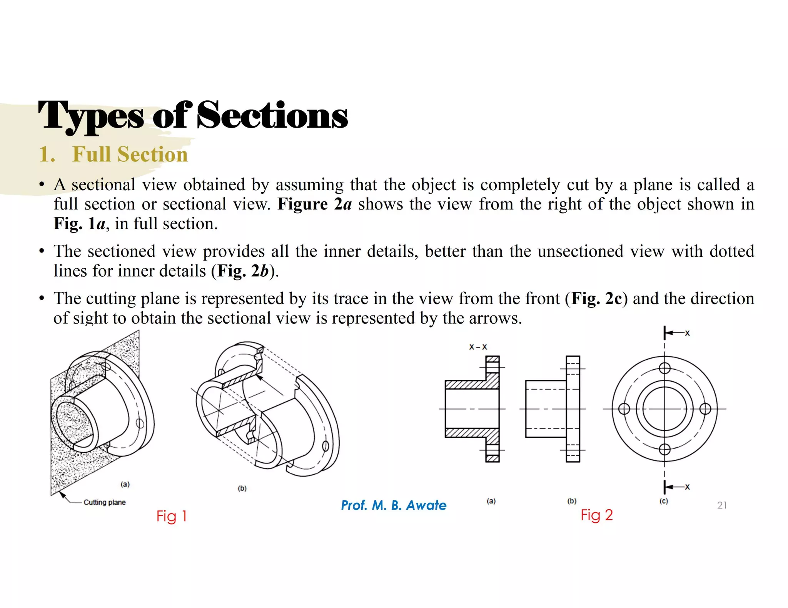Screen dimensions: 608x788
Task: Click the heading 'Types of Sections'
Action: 192,115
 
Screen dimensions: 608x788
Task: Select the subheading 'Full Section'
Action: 130,154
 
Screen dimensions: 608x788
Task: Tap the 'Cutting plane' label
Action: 104,502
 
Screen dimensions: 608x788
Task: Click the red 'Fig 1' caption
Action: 171,516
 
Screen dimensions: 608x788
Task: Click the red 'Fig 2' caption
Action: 596,515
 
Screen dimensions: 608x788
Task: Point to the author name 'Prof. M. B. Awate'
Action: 393,505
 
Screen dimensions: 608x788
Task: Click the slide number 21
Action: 722,505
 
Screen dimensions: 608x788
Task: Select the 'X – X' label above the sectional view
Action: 478,347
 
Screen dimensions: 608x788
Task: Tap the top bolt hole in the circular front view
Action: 664,368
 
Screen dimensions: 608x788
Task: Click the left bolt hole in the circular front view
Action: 624,409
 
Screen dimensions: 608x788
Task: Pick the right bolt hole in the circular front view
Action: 705,409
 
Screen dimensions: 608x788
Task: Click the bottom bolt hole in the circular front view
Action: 664,449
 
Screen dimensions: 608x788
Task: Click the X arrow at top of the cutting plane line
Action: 676,333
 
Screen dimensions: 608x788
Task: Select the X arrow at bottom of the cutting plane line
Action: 676,487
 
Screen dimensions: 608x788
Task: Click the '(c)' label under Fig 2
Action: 664,501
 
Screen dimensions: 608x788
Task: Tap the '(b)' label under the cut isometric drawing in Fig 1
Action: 242,488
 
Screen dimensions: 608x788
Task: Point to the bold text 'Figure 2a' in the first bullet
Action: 314,204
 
